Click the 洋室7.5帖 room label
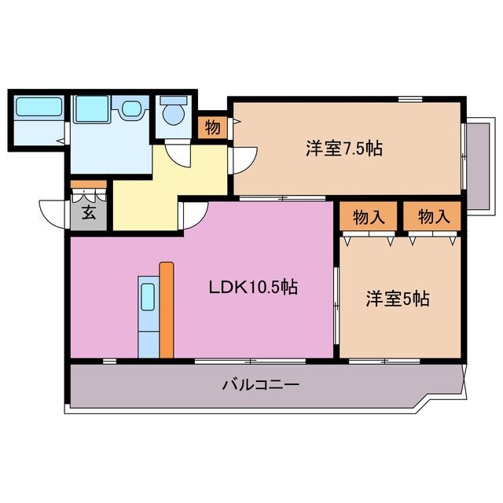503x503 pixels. click(x=343, y=148)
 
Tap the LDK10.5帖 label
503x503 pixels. click(x=252, y=288)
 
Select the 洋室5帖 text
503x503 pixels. click(x=397, y=299)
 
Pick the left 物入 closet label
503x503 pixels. click(x=369, y=216)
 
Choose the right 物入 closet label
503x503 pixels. click(x=434, y=216)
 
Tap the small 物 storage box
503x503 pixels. click(x=212, y=127)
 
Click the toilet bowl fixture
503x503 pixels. click(x=174, y=114)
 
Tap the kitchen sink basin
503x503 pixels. click(x=147, y=298)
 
